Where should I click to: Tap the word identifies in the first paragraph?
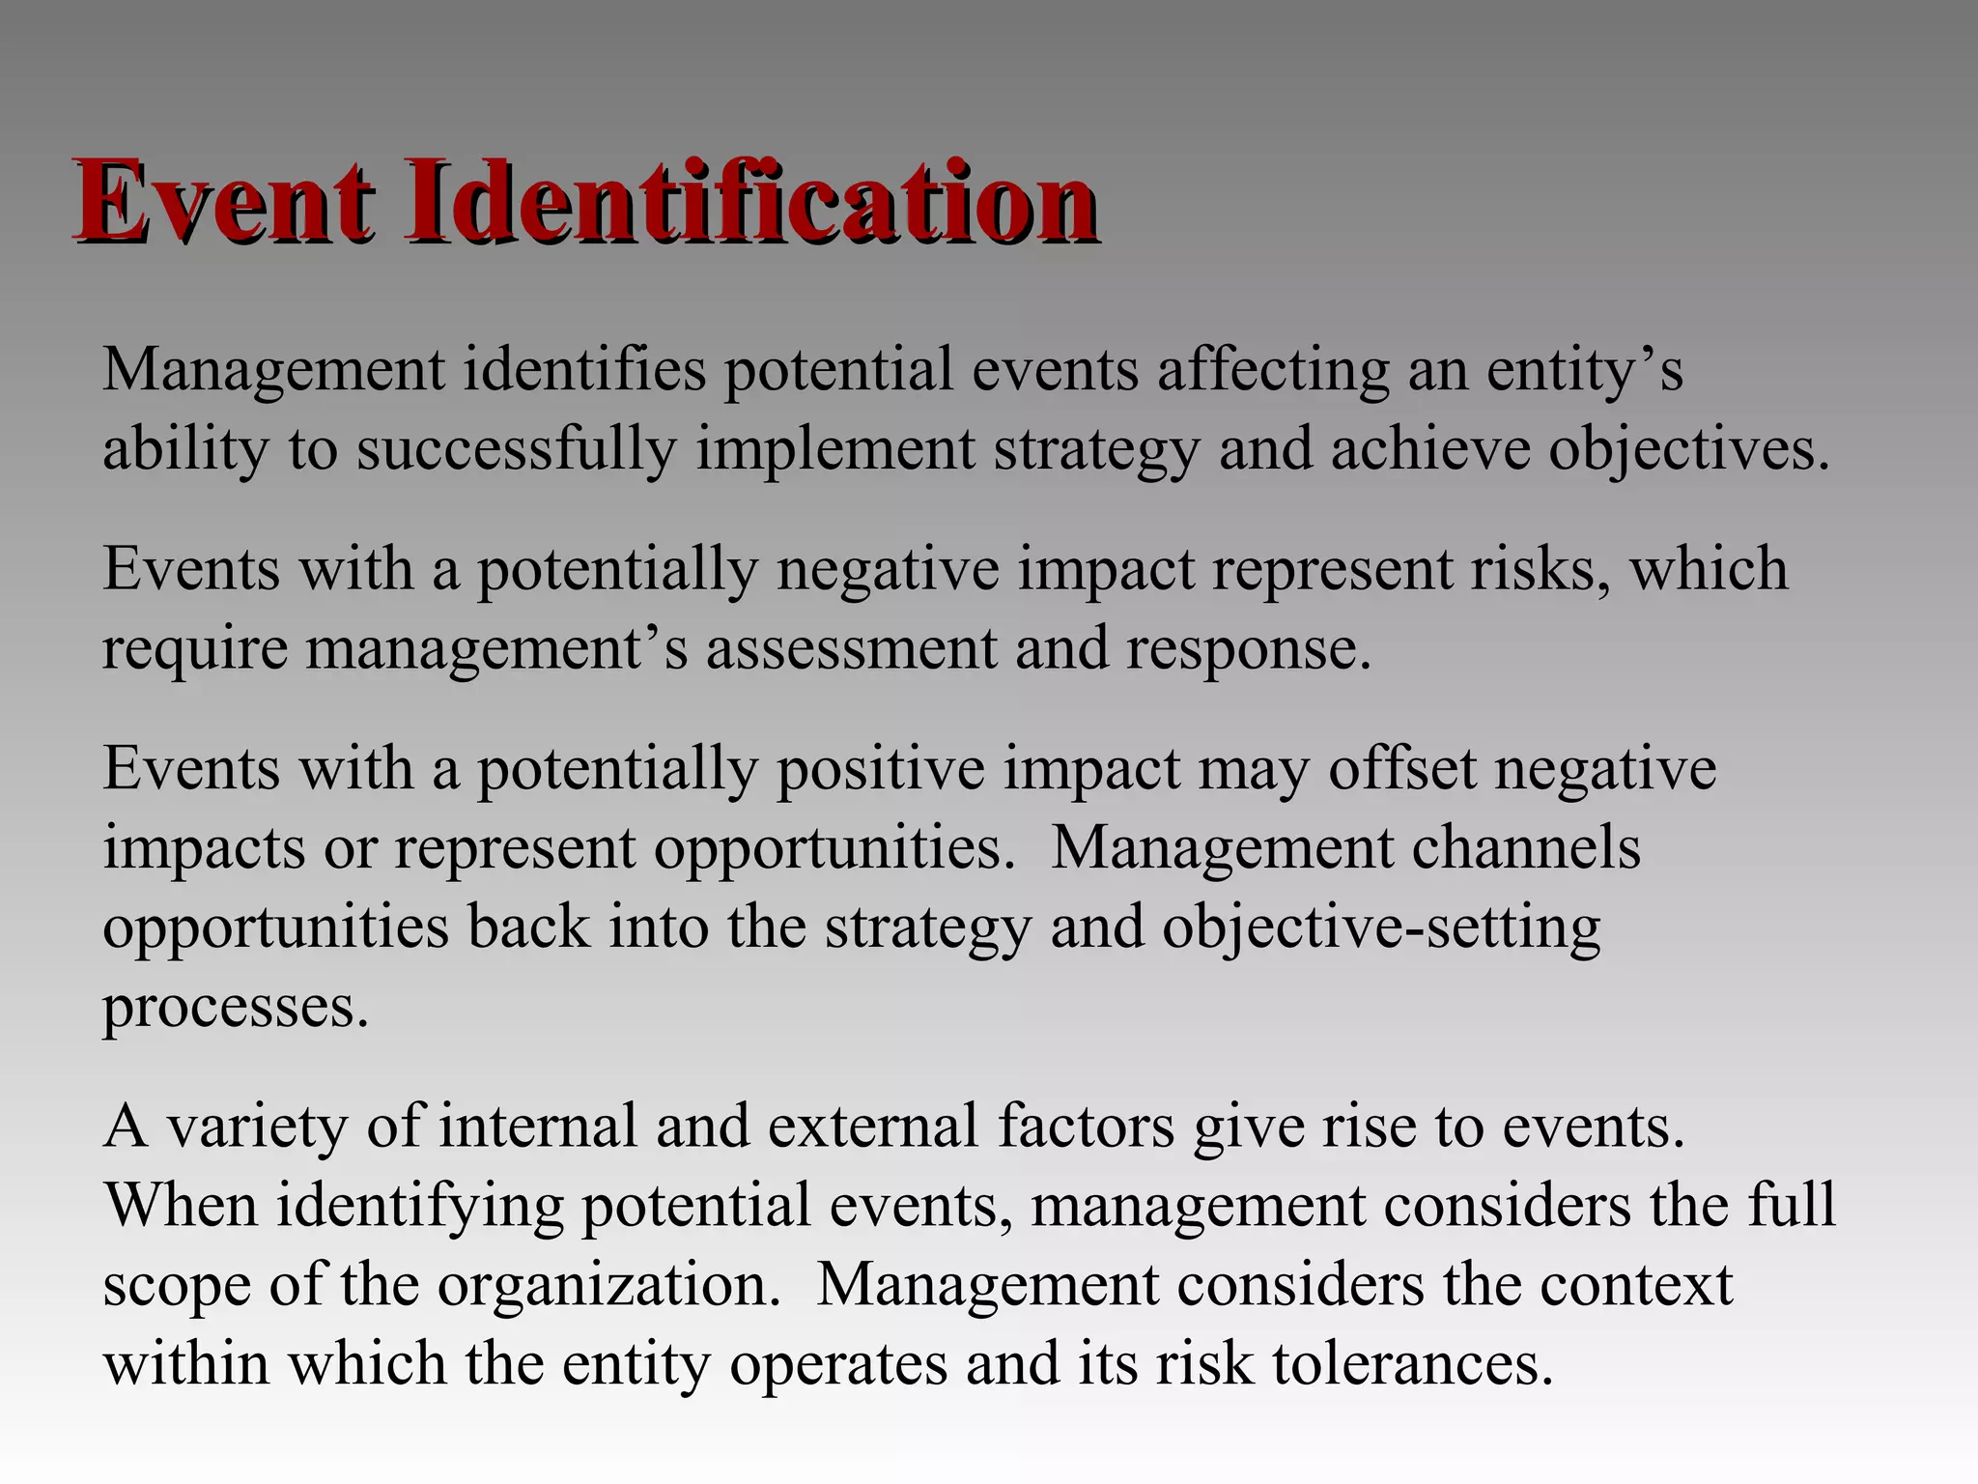pyautogui.click(x=584, y=369)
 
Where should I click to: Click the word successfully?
pyautogui.click(x=517, y=450)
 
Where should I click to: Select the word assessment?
pyautogui.click(x=851, y=647)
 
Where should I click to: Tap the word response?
pyautogui.click(x=1248, y=649)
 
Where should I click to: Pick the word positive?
pyautogui.click(x=881, y=769)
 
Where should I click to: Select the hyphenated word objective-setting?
pyautogui.click(x=1381, y=927)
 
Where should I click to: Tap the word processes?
pyautogui.click(x=236, y=1009)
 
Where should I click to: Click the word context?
pyautogui.click(x=1636, y=1285)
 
